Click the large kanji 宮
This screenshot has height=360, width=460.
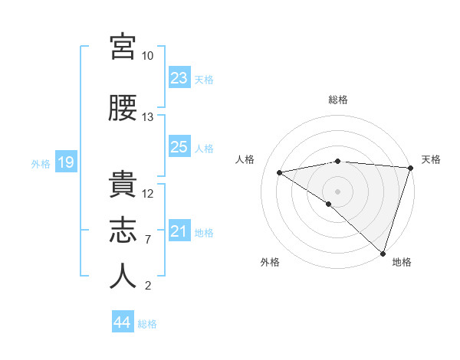pos(123,47)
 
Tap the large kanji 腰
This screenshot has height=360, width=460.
pos(123,108)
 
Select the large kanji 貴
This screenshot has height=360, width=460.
pos(123,184)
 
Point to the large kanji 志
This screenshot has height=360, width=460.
pos(123,230)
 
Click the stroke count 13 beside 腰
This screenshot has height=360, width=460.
pos(147,117)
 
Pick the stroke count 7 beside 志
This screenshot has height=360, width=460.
pos(148,240)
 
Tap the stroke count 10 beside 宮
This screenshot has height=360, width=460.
pos(147,56)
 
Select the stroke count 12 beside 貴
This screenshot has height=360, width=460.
pos(147,194)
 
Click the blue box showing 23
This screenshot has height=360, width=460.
pos(179,77)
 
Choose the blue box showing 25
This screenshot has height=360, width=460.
pos(179,146)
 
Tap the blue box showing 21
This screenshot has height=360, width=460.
pos(179,230)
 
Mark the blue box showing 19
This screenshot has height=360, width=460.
pos(66,162)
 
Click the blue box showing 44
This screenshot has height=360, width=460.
pos(123,321)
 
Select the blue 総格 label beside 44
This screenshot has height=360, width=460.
pos(147,324)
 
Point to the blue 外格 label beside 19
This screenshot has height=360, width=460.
pos(41,164)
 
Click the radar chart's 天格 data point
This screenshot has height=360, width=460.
pos(411,168)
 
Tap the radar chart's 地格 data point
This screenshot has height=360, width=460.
pos(383,254)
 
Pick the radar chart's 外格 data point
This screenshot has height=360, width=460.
pos(329,204)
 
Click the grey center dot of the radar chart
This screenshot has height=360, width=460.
pos(337,192)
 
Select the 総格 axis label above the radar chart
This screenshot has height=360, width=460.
pos(338,100)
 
